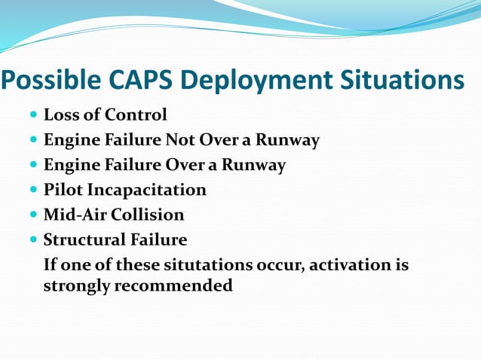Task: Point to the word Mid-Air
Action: click(x=75, y=215)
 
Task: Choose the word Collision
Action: click(x=148, y=215)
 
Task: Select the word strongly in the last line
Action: click(x=76, y=287)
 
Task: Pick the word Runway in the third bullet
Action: click(x=258, y=165)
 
